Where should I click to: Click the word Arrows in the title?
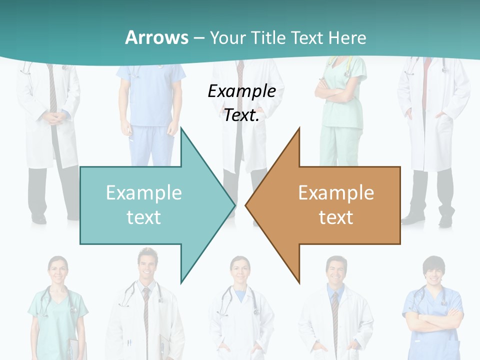pos(156,37)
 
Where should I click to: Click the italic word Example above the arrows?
pos(241,91)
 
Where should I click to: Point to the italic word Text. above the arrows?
pos(241,115)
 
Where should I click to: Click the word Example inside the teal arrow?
pos(143,192)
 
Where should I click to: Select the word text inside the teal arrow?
pos(143,217)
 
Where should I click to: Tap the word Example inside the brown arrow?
pos(336,192)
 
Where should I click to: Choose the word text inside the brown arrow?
pos(336,217)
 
